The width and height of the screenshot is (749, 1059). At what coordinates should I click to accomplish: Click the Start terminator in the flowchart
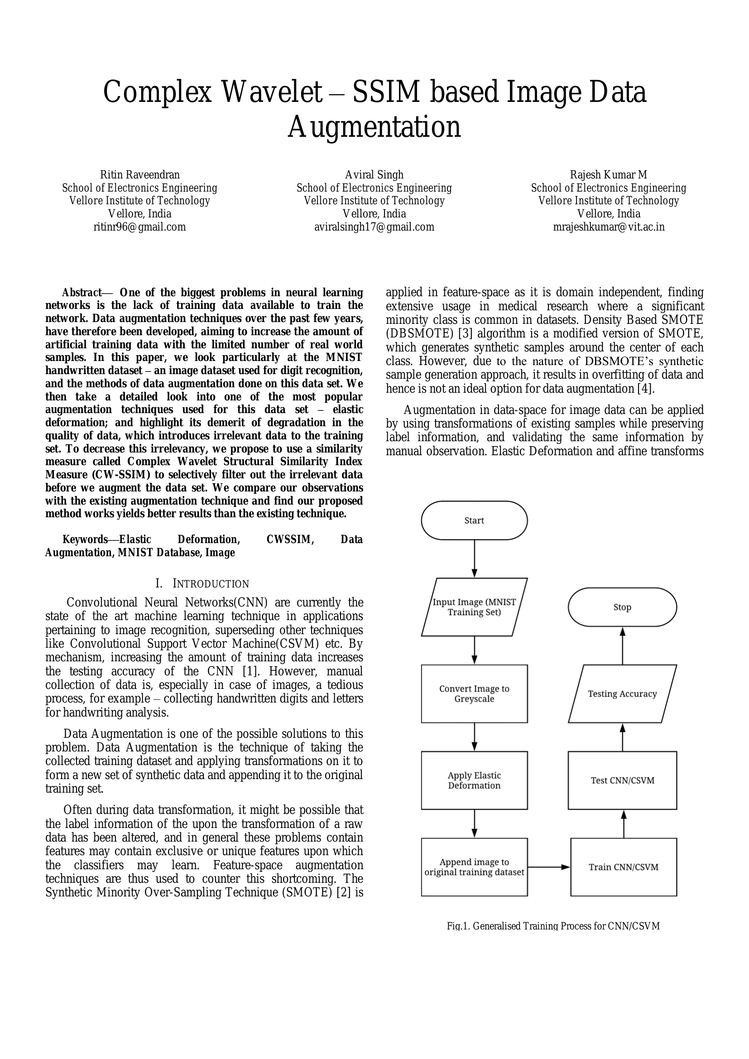click(474, 520)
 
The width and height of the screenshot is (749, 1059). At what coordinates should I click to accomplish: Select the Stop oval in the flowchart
click(622, 607)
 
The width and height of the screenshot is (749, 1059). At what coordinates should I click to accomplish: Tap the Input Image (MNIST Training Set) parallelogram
click(474, 607)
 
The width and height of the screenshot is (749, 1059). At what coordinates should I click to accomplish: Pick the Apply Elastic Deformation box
click(474, 780)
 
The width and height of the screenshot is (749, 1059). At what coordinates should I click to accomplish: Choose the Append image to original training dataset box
click(474, 867)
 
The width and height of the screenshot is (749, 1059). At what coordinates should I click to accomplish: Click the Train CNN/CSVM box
click(624, 867)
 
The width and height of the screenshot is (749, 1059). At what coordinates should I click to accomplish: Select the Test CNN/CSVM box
click(622, 780)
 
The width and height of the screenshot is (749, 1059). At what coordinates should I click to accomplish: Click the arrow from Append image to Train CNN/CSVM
click(549, 867)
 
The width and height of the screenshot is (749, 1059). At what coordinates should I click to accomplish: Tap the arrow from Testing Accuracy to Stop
click(623, 646)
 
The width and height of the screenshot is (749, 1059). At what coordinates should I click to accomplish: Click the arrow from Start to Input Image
click(474, 558)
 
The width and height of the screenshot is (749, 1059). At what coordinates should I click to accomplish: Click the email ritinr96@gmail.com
click(140, 227)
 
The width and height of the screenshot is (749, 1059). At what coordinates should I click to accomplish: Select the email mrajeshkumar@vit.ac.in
click(609, 227)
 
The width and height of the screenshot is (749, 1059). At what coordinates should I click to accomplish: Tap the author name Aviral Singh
click(374, 175)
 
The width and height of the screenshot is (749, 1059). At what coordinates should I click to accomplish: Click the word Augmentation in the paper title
click(374, 127)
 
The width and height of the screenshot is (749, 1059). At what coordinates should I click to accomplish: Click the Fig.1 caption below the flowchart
click(553, 926)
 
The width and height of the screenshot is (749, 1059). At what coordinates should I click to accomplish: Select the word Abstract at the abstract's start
click(82, 293)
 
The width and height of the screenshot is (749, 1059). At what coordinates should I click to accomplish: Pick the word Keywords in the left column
click(85, 539)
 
